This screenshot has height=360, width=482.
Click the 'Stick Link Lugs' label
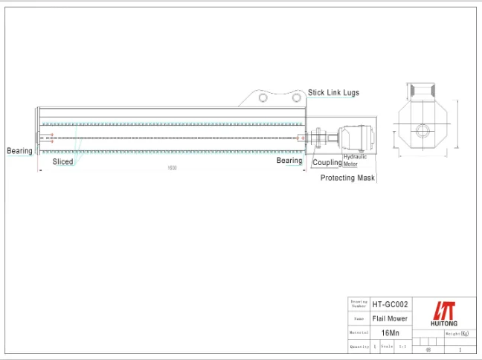tap(333, 93)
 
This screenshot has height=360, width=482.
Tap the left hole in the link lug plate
tap(263, 97)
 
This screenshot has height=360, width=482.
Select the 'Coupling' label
tap(327, 162)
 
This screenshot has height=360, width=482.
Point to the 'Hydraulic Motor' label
tap(355, 160)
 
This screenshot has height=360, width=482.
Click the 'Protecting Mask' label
tap(348, 178)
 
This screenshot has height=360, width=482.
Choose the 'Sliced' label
tap(62, 161)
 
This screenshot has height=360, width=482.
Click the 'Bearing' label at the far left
tap(20, 151)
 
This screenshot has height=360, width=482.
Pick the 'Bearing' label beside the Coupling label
tap(289, 161)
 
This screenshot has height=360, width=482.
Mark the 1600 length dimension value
tap(172, 168)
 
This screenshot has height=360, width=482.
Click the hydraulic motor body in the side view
tap(357, 138)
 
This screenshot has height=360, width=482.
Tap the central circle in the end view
tap(422, 131)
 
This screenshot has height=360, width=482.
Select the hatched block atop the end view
tap(422, 91)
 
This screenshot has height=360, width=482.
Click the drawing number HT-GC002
tap(390, 304)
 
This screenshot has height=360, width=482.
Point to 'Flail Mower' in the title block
tap(390, 318)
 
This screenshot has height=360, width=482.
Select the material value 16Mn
tap(390, 332)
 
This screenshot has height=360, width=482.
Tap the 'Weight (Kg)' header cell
tap(459, 334)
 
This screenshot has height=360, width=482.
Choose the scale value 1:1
tap(402, 347)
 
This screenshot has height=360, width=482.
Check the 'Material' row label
tap(359, 332)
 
